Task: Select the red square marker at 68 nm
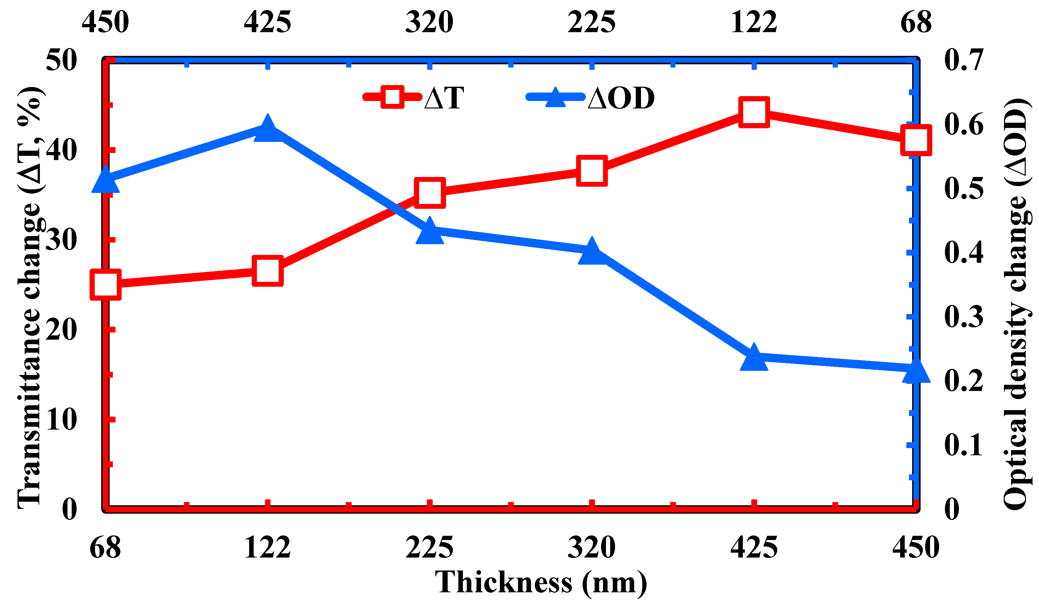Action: (105, 284)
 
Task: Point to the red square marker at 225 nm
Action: (429, 193)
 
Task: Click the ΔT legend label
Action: (444, 98)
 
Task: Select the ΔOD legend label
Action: (621, 98)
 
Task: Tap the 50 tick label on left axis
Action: (61, 60)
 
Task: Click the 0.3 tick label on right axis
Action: (963, 317)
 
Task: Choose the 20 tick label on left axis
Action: (61, 330)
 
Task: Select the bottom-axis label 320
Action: (592, 548)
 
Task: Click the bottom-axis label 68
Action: (105, 548)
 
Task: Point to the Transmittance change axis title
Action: (30, 297)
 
